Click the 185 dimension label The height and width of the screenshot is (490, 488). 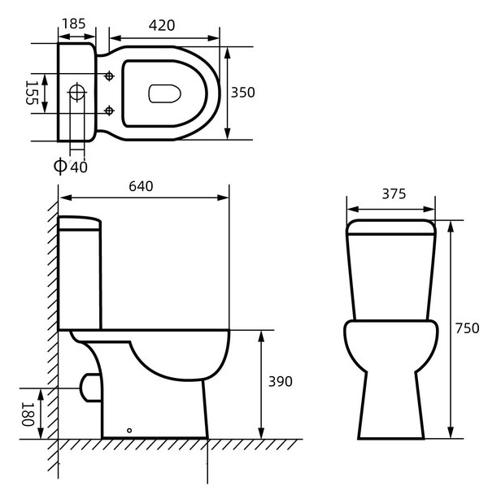click(x=73, y=24)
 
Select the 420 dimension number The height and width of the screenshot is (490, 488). click(x=162, y=26)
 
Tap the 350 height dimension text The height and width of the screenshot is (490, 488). click(x=242, y=93)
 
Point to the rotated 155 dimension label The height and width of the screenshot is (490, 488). click(x=32, y=93)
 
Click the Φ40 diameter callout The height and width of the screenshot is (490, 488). click(x=71, y=166)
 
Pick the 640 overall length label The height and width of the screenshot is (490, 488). click(x=141, y=187)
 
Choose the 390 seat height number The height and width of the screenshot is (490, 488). click(x=281, y=382)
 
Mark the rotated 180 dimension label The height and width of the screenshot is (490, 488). click(x=28, y=414)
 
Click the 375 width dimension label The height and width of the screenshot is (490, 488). click(x=394, y=194)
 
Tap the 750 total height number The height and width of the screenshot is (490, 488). click(x=467, y=328)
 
